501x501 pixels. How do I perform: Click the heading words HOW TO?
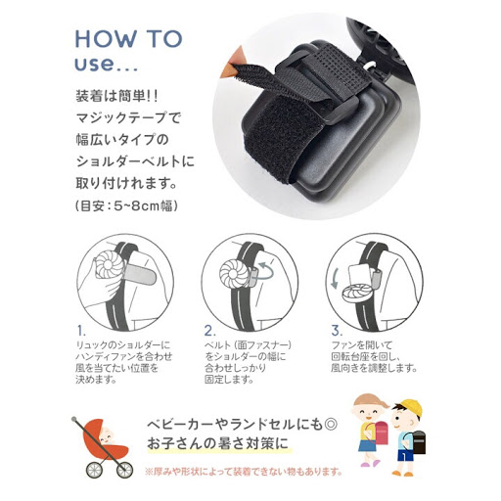(x=128, y=39)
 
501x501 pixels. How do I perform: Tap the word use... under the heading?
(x=107, y=64)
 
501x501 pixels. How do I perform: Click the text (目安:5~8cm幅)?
(x=126, y=206)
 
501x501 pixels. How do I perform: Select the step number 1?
(x=81, y=331)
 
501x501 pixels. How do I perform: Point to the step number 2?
(x=209, y=331)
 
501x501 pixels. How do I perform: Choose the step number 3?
(x=337, y=331)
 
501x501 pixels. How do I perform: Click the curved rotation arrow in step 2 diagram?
(x=264, y=272)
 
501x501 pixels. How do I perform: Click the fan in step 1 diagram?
(x=110, y=267)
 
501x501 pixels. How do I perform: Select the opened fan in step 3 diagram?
(x=357, y=292)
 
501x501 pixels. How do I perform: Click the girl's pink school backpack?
(x=381, y=433)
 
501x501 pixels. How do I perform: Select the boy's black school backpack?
(x=418, y=441)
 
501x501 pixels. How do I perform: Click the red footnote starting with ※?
(x=244, y=472)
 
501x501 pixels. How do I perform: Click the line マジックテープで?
(x=128, y=117)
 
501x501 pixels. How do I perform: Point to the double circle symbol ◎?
(x=331, y=424)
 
